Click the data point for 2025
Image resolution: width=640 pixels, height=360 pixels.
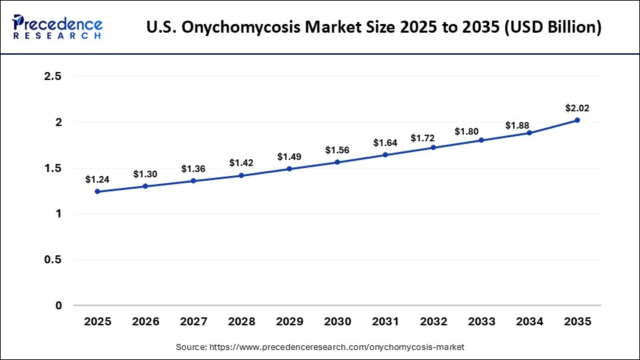(97, 191)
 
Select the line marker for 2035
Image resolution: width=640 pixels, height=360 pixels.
(577, 120)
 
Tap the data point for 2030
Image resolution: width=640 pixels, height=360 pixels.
(337, 162)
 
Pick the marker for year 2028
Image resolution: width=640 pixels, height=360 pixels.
(241, 175)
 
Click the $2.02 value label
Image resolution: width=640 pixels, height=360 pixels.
(577, 108)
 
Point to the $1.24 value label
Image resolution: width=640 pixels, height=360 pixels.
(97, 179)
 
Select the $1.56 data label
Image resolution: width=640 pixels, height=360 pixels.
(337, 150)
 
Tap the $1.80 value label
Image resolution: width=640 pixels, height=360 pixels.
(481, 131)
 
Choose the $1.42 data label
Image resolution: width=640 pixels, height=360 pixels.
(241, 163)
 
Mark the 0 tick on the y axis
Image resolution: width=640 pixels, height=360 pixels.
(58, 305)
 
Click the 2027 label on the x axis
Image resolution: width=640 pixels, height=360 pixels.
(193, 321)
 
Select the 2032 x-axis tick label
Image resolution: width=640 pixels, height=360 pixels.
(433, 321)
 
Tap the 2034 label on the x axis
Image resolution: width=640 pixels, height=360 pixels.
(529, 321)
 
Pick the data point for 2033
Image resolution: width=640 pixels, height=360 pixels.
(481, 140)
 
